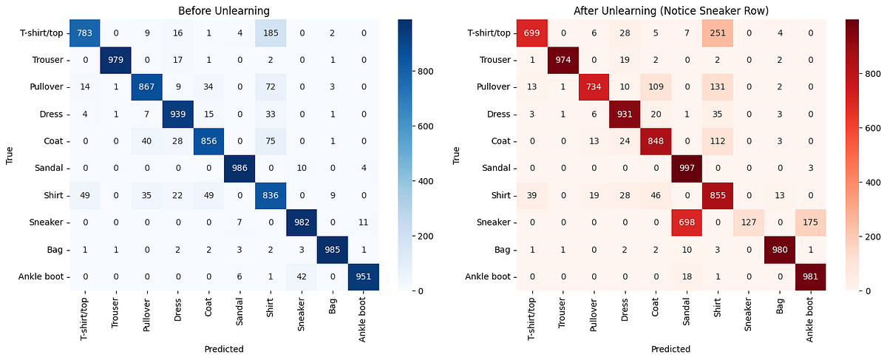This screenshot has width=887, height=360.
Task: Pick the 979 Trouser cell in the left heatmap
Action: (x=115, y=59)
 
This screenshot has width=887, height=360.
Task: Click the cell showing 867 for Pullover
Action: (x=146, y=86)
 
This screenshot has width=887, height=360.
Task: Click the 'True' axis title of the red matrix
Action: (x=455, y=154)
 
